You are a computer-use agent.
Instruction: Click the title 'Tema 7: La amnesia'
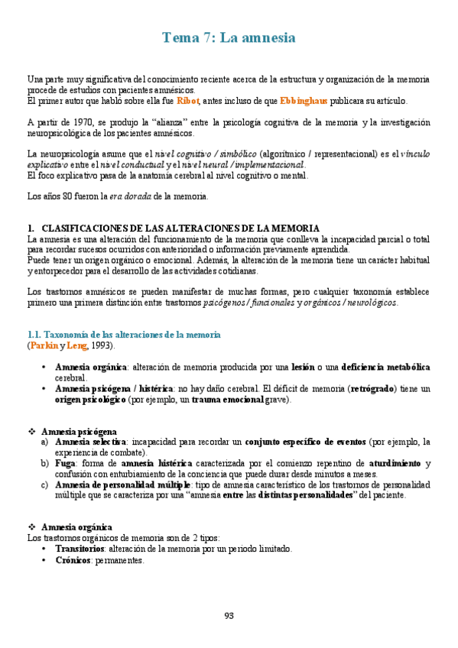click(x=229, y=37)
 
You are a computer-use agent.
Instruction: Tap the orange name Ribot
click(x=188, y=100)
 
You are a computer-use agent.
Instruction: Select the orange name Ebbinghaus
click(x=305, y=100)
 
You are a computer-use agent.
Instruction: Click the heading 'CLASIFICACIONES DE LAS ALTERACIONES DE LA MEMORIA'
click(x=180, y=228)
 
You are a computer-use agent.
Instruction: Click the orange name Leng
click(x=76, y=345)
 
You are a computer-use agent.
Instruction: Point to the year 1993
click(x=102, y=345)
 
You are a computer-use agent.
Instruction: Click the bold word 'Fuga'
click(x=67, y=463)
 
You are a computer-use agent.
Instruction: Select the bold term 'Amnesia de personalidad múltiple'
click(x=119, y=484)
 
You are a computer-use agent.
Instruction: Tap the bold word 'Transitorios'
click(x=81, y=548)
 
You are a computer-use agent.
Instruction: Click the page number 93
click(x=229, y=615)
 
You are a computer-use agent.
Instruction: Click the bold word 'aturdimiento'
click(x=395, y=463)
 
